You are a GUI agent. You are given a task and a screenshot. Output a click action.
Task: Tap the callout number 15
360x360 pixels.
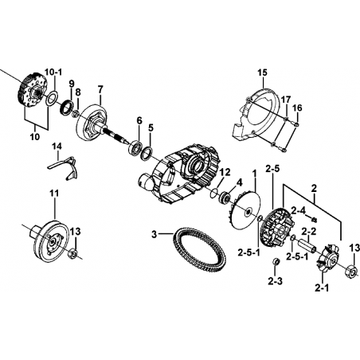coord(262,72)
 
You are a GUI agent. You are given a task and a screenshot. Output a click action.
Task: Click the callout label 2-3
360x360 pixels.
coord(275,282)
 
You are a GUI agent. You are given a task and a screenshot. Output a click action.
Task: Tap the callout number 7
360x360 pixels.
coord(100,89)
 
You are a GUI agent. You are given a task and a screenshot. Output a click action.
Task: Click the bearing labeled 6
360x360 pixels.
coord(136,147)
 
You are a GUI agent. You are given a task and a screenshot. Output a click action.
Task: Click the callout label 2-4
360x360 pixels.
coord(299,211)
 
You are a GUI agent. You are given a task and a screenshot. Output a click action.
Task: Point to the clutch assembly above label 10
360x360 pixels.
coord(32,91)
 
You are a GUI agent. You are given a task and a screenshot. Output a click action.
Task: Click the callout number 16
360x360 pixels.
coord(297,108)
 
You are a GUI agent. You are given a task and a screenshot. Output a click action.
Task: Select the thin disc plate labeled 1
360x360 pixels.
coord(245,211)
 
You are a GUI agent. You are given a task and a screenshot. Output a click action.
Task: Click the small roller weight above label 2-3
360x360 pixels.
coord(276,261)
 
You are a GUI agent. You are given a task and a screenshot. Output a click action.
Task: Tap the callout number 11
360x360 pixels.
coord(54,194)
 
